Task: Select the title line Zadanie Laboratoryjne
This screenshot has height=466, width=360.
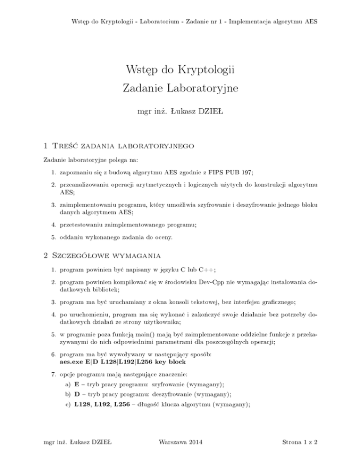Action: coord(180,88)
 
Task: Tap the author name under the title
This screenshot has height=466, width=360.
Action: coord(180,113)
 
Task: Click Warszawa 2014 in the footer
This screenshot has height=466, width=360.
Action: coord(180,455)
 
